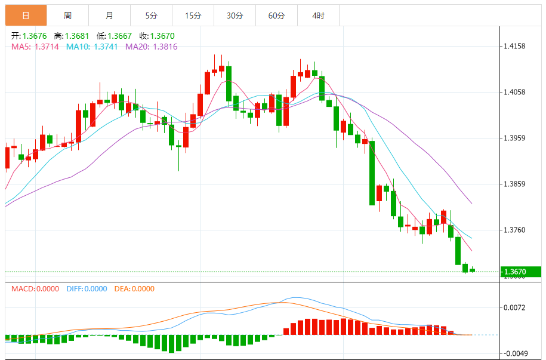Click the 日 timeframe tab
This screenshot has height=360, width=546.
pos(26,16)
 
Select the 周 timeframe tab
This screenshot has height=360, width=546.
pos(67,16)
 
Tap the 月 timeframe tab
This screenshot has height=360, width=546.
pos(109,16)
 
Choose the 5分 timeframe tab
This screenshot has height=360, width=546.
pos(151,16)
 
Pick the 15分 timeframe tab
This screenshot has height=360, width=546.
pos(193,16)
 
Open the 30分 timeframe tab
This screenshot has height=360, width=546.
pos(235,16)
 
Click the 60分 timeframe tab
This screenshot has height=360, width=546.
pos(276,16)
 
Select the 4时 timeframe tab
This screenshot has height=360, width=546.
pos(318,16)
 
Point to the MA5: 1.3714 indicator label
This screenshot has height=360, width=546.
pos(35,47)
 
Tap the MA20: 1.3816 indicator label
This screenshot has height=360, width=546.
pos(151,47)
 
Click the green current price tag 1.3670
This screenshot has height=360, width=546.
pos(520,272)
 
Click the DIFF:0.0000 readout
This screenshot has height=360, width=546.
pos(87,289)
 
